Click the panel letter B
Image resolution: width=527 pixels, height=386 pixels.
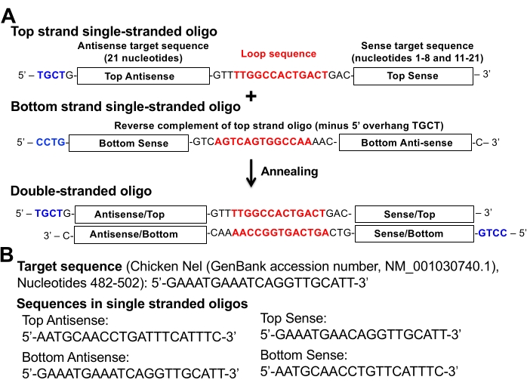coord(8,255)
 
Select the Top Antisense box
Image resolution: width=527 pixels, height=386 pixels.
coord(143,76)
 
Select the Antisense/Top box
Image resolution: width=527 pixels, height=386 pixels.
coord(143,214)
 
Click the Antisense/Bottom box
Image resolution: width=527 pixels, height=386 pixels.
coord(143,233)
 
